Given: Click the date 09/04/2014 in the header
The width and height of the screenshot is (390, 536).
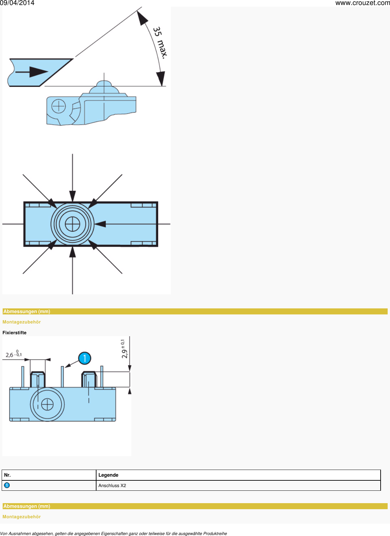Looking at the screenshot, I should click(17, 3).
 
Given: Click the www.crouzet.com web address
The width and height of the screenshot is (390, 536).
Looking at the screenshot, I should click(363, 3).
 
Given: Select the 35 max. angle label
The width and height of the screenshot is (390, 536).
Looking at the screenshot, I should click(160, 43).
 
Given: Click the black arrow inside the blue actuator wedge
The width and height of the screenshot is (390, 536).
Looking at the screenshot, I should click(32, 72).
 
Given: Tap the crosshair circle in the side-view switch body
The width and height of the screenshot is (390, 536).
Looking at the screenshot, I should click(59, 106).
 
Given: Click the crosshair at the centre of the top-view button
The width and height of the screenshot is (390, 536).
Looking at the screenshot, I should click(72, 224).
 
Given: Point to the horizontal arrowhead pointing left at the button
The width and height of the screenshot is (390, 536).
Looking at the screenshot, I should click(100, 224).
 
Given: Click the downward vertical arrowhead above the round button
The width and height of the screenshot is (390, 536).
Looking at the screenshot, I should click(72, 196).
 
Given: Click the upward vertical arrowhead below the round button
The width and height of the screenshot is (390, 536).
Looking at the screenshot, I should click(72, 252).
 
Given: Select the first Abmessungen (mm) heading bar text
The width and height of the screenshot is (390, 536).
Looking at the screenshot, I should click(27, 311).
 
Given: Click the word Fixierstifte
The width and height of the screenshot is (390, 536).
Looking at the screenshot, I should click(14, 333).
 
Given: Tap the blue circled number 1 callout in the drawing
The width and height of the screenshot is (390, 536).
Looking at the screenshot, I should click(85, 358).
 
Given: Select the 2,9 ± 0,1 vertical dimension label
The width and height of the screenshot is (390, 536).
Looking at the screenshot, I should click(124, 349).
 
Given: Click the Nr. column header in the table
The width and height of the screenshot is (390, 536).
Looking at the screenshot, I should click(7, 475).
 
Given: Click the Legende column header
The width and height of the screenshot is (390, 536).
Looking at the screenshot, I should click(108, 475).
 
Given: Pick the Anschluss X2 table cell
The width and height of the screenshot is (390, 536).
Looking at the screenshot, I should click(112, 485).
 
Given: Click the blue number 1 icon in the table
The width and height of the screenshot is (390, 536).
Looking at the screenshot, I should click(7, 485).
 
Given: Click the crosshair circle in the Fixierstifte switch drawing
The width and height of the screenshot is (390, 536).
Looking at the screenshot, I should click(47, 404).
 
